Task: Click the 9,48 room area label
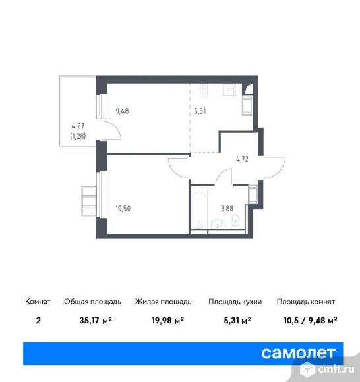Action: pyautogui.click(x=122, y=111)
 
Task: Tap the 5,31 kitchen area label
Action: pyautogui.click(x=200, y=111)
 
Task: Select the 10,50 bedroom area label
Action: pyautogui.click(x=123, y=209)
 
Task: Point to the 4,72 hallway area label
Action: pyautogui.click(x=242, y=159)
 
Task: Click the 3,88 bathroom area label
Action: pyautogui.click(x=227, y=209)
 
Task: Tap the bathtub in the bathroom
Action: pyautogui.click(x=199, y=207)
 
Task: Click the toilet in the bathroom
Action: pyautogui.click(x=235, y=221)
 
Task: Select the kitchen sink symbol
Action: pyautogui.click(x=229, y=91)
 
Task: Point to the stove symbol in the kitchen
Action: pyautogui.click(x=204, y=91)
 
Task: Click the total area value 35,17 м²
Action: pyautogui.click(x=96, y=321)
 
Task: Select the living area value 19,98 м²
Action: pyautogui.click(x=168, y=321)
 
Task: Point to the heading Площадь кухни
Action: pyautogui.click(x=235, y=302)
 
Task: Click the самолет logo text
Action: pyautogui.click(x=299, y=353)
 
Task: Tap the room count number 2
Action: pyautogui.click(x=38, y=321)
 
